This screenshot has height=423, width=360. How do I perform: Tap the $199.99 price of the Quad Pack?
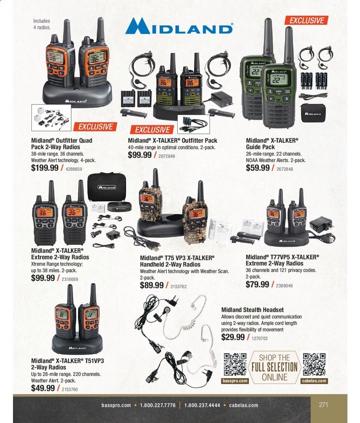click(x=45, y=168)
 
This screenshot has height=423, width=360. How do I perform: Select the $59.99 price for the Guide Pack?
click(x=258, y=168)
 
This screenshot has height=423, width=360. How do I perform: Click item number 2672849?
click(x=166, y=156)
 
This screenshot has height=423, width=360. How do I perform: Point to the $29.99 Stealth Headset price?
click(x=233, y=337)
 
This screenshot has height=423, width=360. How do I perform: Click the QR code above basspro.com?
click(x=235, y=364)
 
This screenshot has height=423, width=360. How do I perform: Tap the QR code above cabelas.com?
click(x=314, y=364)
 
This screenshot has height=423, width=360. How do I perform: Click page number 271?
click(x=323, y=405)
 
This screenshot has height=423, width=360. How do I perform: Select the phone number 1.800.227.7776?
click(x=158, y=405)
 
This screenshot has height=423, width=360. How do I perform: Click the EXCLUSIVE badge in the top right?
click(x=307, y=21)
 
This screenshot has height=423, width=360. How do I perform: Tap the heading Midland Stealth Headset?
click(x=252, y=310)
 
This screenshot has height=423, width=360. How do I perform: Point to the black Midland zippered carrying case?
click(x=106, y=187)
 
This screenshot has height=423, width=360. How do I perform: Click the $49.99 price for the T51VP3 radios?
click(x=43, y=388)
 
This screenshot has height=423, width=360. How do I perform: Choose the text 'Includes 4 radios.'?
click(x=42, y=24)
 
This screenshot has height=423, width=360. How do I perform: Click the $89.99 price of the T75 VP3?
click(x=152, y=285)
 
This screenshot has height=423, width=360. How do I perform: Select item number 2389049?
click(x=284, y=285)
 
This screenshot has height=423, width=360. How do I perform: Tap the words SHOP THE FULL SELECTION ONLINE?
click(x=275, y=367)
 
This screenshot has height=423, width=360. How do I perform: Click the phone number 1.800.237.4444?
click(x=202, y=405)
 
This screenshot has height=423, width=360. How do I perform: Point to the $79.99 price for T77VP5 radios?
click(x=257, y=284)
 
